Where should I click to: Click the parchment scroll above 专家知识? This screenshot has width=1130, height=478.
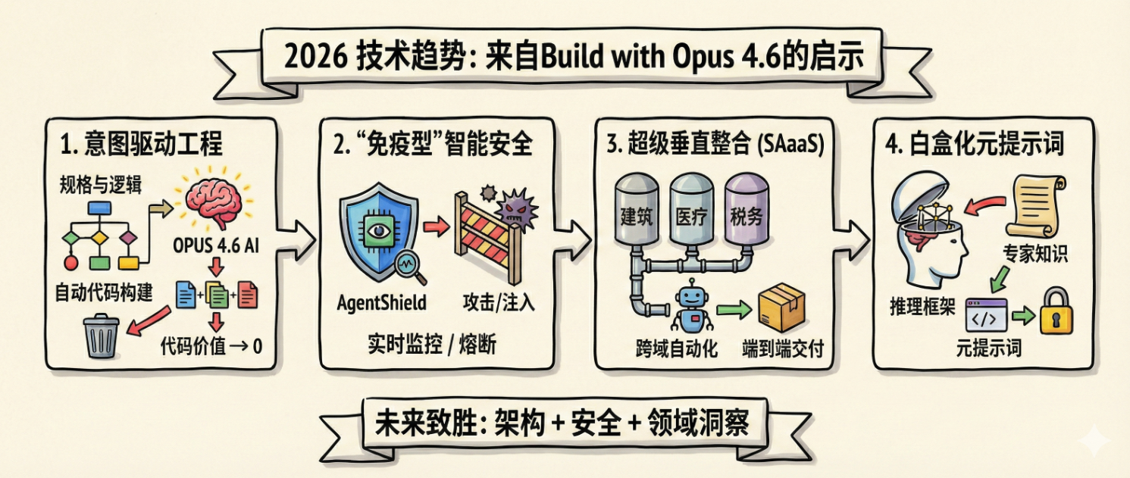[1038, 205]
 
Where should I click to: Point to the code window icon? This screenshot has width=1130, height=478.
[986, 315]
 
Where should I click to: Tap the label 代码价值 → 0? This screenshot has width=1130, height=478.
[211, 347]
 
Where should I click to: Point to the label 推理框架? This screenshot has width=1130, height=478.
[923, 307]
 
